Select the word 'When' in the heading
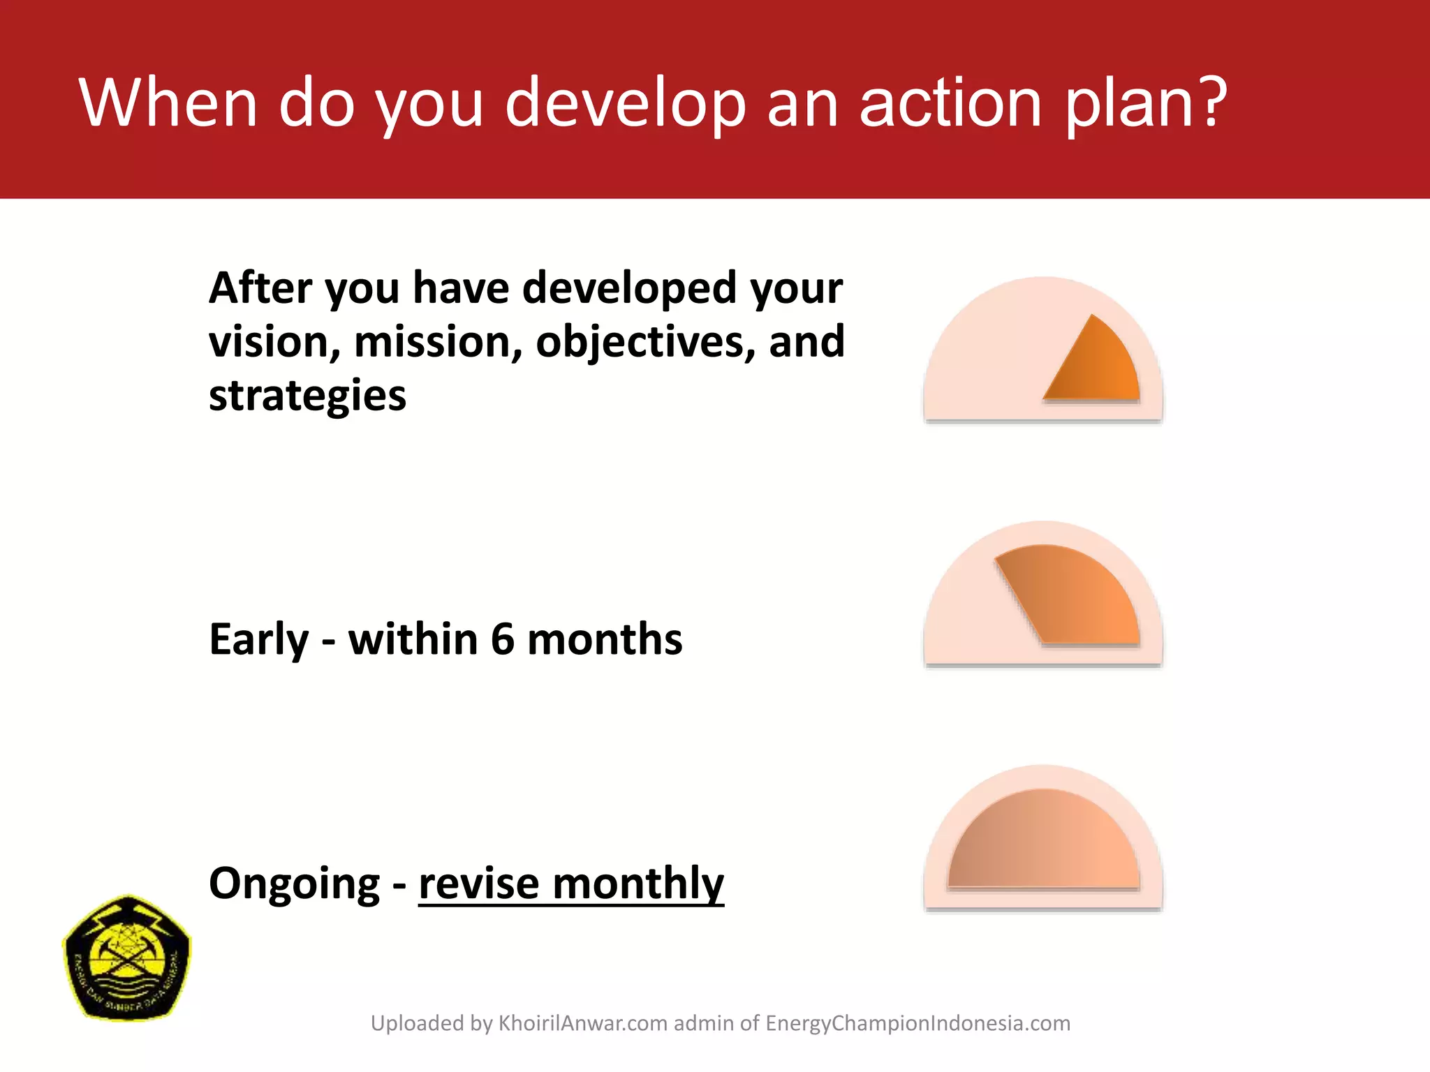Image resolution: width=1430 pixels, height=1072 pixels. (168, 103)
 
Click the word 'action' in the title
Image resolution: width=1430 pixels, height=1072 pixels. (950, 103)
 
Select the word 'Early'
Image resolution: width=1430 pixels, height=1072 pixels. (258, 639)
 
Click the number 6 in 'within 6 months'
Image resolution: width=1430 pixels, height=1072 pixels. (502, 639)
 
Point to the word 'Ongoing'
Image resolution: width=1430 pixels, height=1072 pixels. (294, 884)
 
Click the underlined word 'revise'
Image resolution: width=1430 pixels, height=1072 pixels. (479, 884)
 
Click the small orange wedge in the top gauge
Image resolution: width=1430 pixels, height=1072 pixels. (1100, 366)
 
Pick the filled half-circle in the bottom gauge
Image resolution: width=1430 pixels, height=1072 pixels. (1043, 844)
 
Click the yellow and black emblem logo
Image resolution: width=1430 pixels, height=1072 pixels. (126, 958)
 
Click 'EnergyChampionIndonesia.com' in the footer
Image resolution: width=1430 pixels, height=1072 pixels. (917, 1023)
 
